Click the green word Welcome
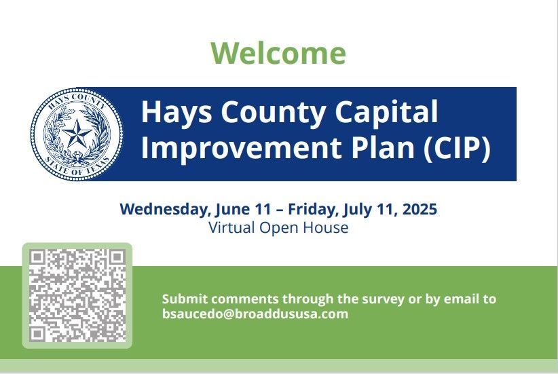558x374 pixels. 278,53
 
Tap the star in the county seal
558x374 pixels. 77,134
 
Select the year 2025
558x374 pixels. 420,208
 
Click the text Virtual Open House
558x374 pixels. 278,228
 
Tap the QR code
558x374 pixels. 77,295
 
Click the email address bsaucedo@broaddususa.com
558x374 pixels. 255,314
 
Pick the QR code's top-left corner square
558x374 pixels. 37,257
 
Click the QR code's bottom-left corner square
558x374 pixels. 37,334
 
